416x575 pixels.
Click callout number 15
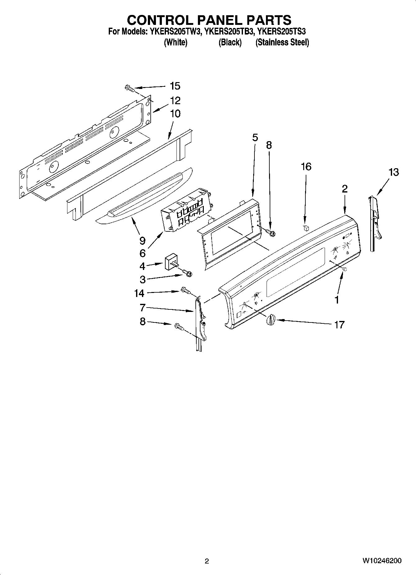[x=175, y=86]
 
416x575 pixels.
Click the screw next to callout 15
[x=130, y=88]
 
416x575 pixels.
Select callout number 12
[x=175, y=101]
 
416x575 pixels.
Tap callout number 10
[x=175, y=114]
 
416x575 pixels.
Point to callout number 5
[x=255, y=137]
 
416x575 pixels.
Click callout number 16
[x=306, y=167]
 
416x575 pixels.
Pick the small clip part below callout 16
[x=306, y=228]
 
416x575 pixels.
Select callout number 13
[x=393, y=172]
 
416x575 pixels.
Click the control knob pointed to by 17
[x=271, y=319]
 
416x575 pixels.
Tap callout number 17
[x=339, y=325]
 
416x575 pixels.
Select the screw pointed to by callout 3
[x=188, y=273]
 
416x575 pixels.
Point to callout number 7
[x=142, y=308]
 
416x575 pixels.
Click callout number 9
[x=142, y=240]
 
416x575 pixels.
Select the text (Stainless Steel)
[x=282, y=42]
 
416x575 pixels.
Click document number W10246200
[x=382, y=561]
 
